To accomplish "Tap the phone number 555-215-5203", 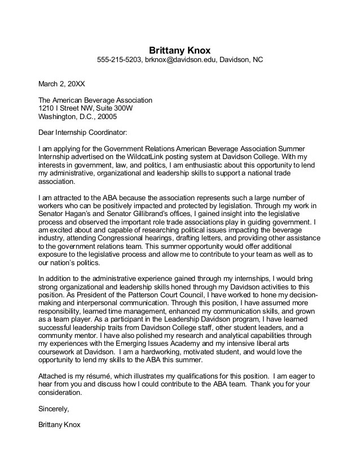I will (118, 59).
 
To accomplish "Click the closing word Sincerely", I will (52, 408).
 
